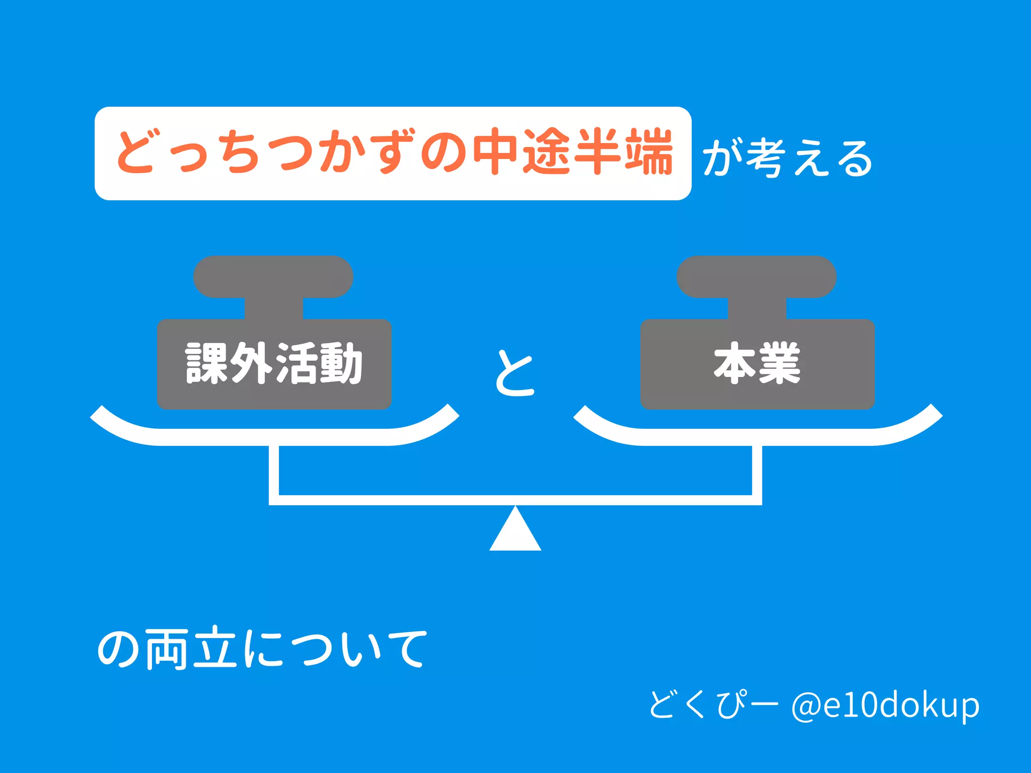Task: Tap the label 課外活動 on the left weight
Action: pyautogui.click(x=274, y=363)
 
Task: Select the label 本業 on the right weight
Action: pyautogui.click(x=757, y=363)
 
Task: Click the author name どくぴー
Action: pyautogui.click(x=713, y=704)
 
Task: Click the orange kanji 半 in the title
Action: pyautogui.click(x=598, y=151)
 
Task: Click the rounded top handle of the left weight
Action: pyautogui.click(x=273, y=277)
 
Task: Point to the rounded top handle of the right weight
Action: pyautogui.click(x=756, y=277)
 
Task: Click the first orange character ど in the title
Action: pyautogui.click(x=135, y=151)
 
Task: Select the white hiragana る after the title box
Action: pyautogui.click(x=855, y=158)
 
